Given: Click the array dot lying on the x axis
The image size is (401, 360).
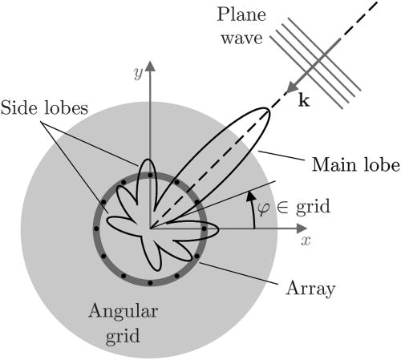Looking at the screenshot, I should [x=205, y=228].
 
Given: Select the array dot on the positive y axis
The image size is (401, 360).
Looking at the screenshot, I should [x=149, y=172].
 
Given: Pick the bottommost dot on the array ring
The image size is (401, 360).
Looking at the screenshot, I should [x=149, y=283].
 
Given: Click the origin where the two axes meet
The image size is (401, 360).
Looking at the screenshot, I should [x=149, y=228].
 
